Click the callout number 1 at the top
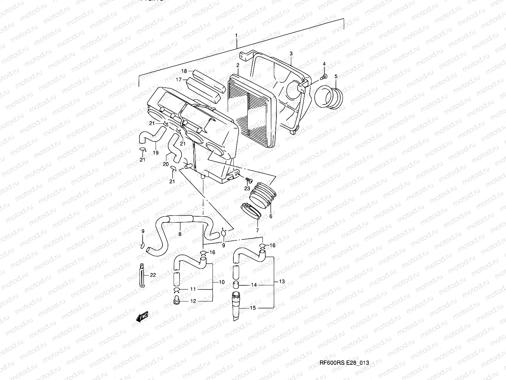[x=236, y=35]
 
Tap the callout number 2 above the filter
[x=238, y=65]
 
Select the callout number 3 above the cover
[x=291, y=54]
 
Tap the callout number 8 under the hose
[x=180, y=234]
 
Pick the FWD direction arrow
[x=142, y=316]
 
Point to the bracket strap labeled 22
[x=141, y=275]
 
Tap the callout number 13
[x=282, y=282]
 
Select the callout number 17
[x=179, y=80]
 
